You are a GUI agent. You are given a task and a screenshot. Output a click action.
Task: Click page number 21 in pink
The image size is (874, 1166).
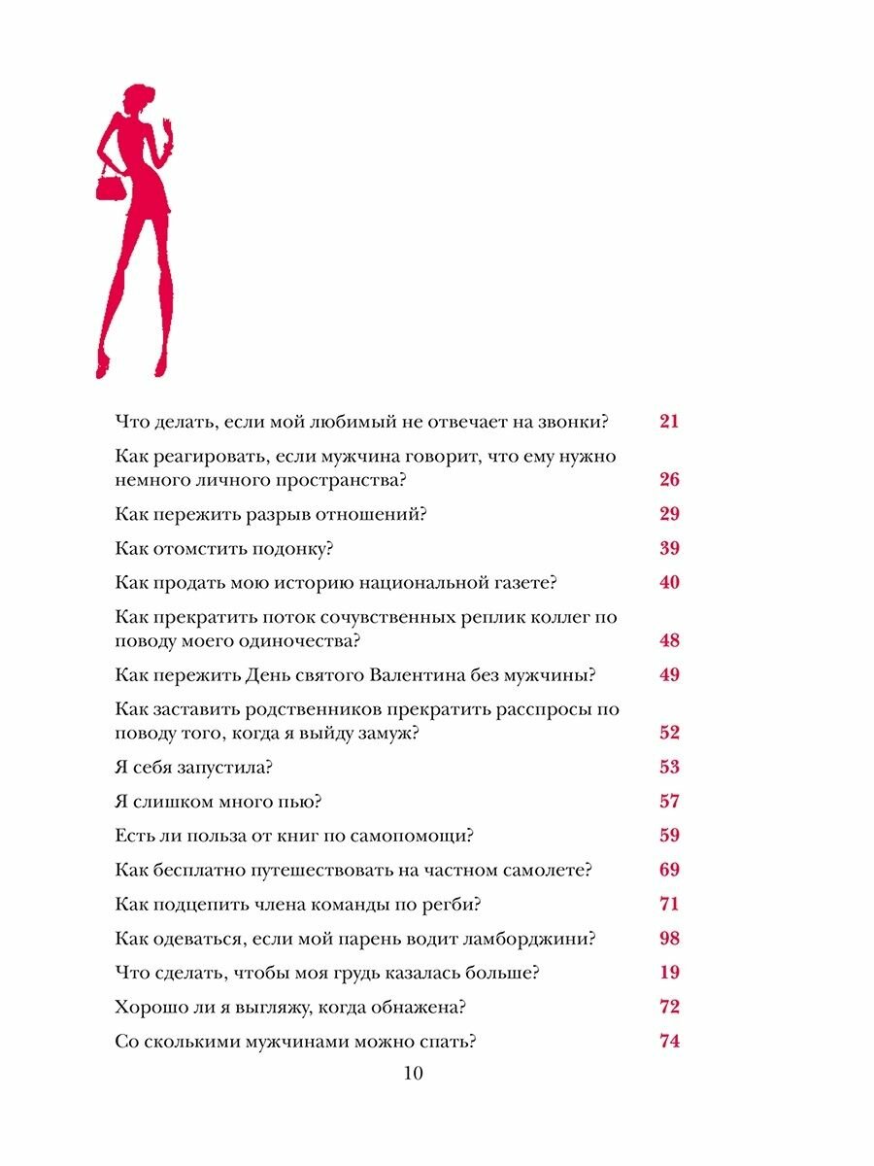pos(669,422)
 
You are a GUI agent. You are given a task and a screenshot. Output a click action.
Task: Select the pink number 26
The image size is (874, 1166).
pos(669,480)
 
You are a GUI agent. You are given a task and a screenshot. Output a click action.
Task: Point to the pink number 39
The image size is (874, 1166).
pos(669,549)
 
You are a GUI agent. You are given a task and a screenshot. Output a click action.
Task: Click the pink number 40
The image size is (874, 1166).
pos(669,583)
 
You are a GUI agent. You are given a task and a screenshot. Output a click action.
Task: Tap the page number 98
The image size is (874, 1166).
pos(669,939)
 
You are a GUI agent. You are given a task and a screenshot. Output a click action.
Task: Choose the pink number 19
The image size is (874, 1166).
pos(669,973)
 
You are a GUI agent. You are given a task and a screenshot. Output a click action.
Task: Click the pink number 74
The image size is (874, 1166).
pos(669,1042)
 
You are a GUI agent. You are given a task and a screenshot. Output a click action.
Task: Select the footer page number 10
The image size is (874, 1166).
pos(413,1074)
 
